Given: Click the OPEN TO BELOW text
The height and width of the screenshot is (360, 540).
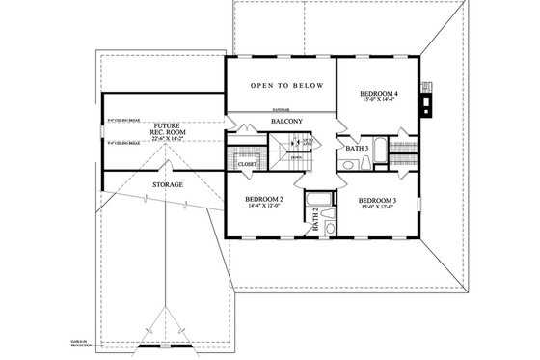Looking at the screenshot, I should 281,85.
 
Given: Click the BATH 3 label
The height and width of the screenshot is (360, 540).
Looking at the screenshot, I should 357,148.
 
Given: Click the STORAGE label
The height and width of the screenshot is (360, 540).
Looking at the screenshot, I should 168,183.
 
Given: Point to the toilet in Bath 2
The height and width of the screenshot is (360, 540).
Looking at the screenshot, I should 331,228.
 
